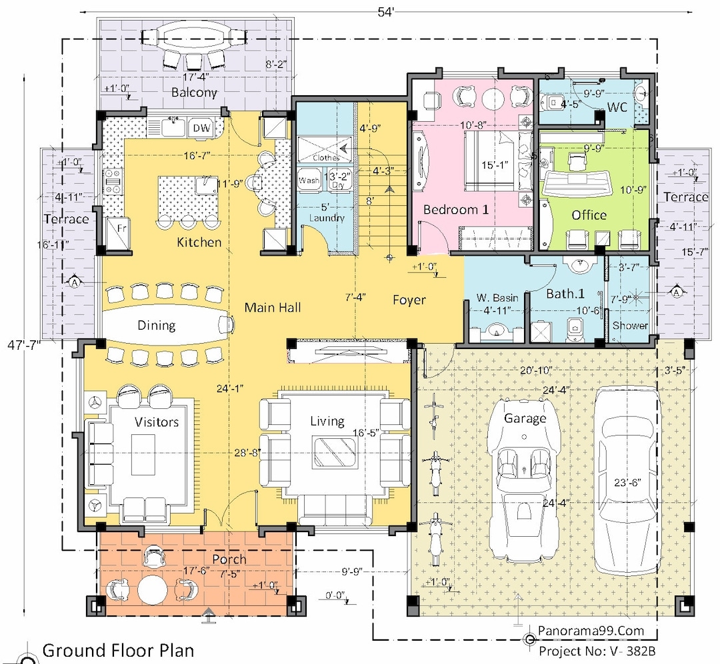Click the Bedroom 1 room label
coord(456,209)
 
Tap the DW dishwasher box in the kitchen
coord(199,128)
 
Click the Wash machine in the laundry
coord(309,180)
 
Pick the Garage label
coord(525,418)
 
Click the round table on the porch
coord(154,589)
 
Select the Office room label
coord(589,214)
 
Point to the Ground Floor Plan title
coord(118,650)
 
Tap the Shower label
coord(630,326)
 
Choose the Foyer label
coord(409,300)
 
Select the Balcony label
coord(194,92)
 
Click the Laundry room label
coord(327,218)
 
